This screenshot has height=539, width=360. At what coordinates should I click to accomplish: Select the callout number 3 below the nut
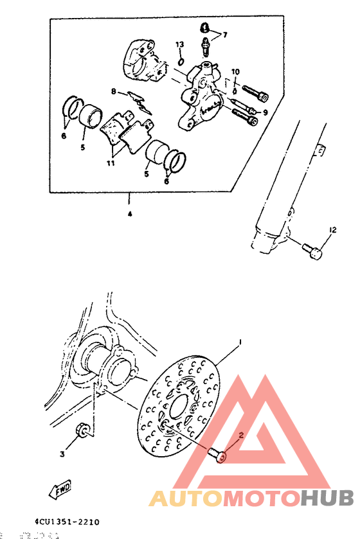point(62,454)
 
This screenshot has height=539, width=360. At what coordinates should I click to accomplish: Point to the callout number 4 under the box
point(129,215)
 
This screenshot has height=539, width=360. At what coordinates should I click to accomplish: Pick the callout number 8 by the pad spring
point(113,92)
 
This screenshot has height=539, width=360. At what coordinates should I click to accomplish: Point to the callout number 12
point(332,230)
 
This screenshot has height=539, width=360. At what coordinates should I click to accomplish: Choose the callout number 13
point(180,44)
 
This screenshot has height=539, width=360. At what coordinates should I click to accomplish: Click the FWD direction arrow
point(61,490)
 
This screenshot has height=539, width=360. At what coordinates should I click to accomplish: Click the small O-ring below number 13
point(181,62)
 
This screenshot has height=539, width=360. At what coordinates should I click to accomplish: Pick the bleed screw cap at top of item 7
point(204,28)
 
